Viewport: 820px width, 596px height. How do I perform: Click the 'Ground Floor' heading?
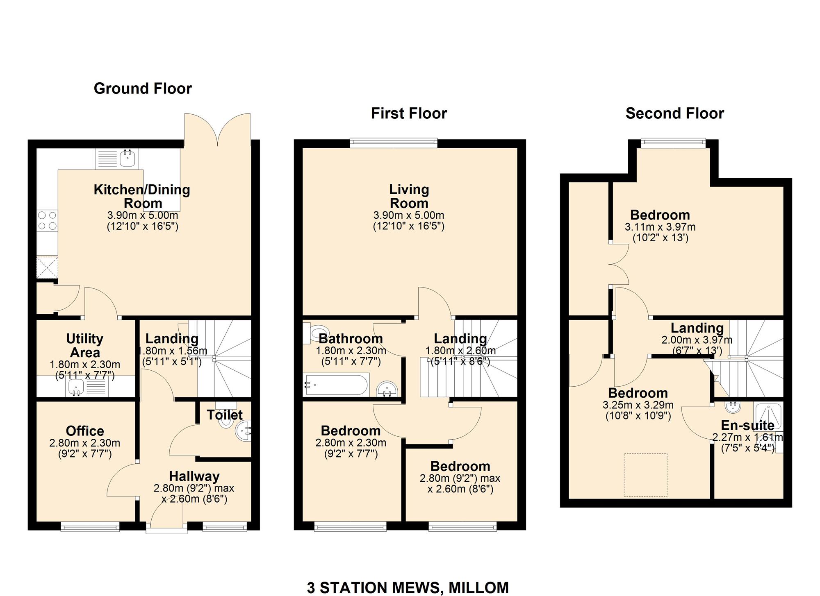coord(143,88)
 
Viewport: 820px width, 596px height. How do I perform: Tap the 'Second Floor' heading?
coord(675,113)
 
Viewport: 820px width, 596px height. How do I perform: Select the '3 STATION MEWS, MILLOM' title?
coord(408,587)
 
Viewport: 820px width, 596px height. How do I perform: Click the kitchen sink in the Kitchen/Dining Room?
coord(117,159)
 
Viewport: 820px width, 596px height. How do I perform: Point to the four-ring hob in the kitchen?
coord(47,221)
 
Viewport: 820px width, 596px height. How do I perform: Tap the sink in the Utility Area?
coord(87,388)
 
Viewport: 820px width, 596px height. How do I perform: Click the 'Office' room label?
coord(85,431)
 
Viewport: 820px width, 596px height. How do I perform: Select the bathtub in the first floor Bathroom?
coord(336,385)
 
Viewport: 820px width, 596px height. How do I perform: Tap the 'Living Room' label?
coord(409,196)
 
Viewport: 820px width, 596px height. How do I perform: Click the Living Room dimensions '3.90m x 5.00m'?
coord(409,215)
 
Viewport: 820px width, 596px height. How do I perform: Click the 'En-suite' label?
coord(747,425)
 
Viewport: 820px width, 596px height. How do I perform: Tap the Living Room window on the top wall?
coord(394,143)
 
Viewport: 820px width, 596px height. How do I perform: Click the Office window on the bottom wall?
coord(90,527)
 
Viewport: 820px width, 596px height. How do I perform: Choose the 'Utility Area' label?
coord(85,346)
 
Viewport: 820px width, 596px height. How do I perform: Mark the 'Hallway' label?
coord(194,476)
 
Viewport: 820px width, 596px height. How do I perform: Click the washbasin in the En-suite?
coord(733,407)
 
